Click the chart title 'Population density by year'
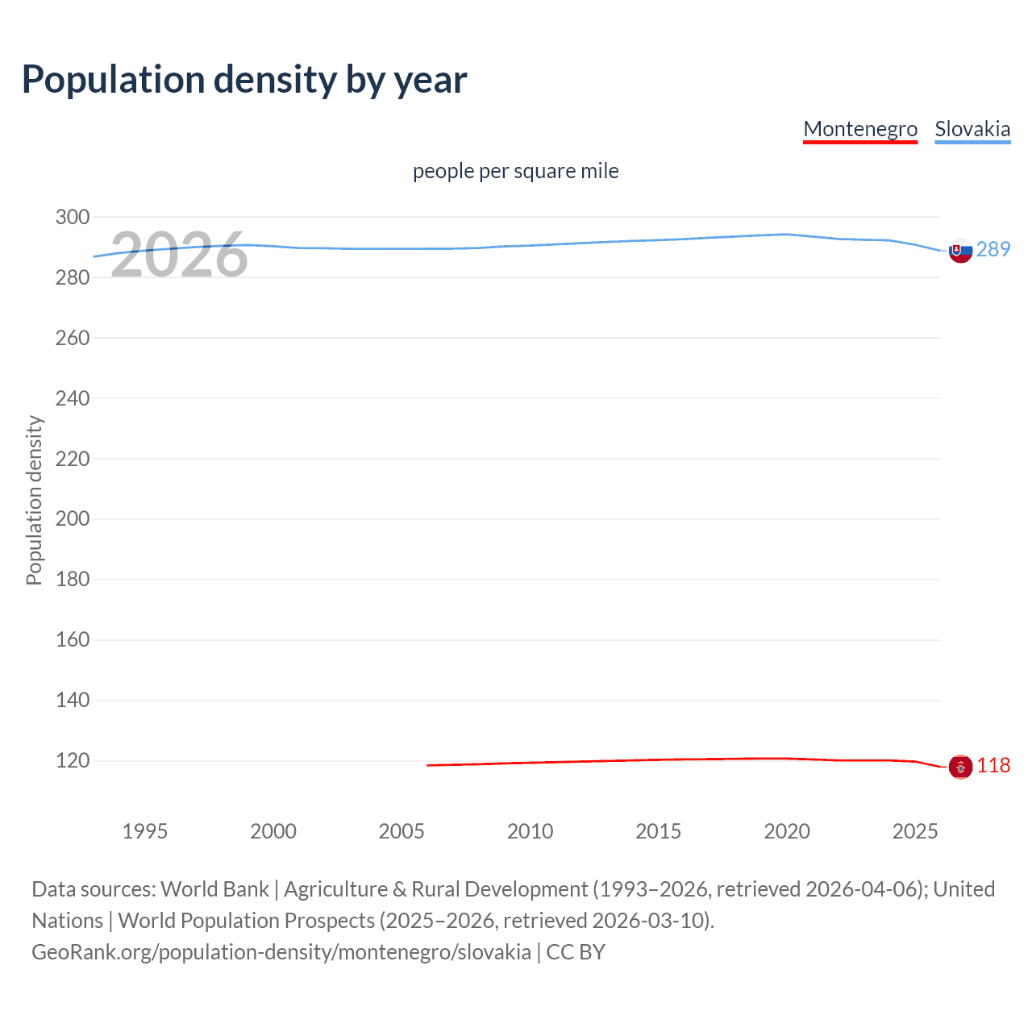(244, 80)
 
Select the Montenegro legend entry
(860, 129)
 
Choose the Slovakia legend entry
(972, 129)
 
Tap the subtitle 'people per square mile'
(516, 171)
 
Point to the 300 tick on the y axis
(73, 217)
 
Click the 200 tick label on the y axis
(73, 518)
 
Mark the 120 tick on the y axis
(73, 760)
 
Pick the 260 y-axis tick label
(73, 338)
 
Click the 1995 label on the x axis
(145, 831)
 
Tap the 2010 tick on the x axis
(530, 831)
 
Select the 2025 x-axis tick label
(915, 831)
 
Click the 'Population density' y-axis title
(34, 500)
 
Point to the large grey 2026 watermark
(179, 256)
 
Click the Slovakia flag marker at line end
(960, 251)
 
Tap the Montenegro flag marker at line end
(960, 767)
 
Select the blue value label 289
(993, 249)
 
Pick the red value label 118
(993, 765)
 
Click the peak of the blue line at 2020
(786, 235)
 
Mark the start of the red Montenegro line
(428, 765)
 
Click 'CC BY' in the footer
(576, 952)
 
